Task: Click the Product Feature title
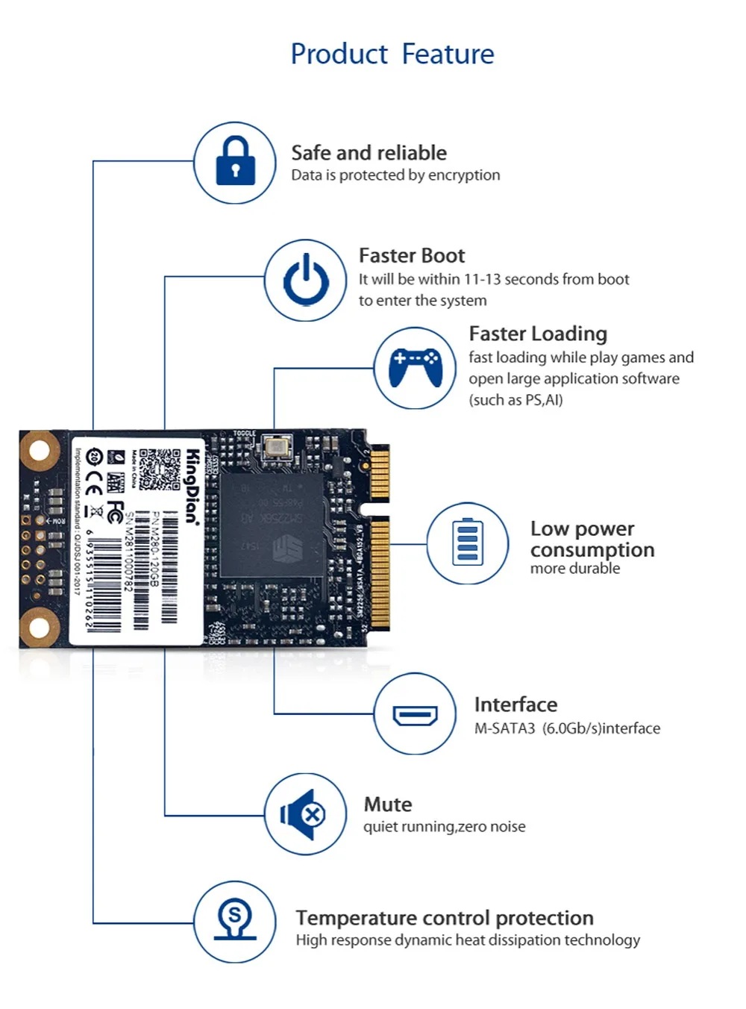coord(392,54)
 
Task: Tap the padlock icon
coord(235,162)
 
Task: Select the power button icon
coord(306,281)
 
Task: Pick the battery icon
coord(468,543)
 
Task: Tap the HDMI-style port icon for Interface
coord(415,715)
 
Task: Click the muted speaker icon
coord(304,814)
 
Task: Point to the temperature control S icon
coord(235,922)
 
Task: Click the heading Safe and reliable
coord(369,153)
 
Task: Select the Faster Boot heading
coord(412,256)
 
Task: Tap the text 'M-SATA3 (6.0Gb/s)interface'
coord(567,728)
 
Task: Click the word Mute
coord(388,805)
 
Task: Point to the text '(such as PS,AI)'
coord(515,400)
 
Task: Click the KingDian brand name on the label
coord(192,487)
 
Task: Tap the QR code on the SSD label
coord(160,469)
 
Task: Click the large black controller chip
coord(272,524)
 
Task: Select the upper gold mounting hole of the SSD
coord(40,450)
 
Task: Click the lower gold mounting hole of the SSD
coord(40,627)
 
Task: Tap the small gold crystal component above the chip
coord(275,448)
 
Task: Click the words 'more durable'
coord(575,569)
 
